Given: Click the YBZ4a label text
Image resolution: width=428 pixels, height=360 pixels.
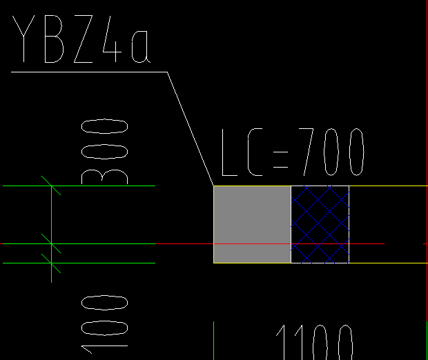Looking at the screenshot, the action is click(x=81, y=39).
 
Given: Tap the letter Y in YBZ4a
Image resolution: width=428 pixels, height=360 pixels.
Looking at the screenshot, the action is click(x=23, y=39).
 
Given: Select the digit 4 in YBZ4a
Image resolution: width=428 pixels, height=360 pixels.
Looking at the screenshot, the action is click(x=112, y=39).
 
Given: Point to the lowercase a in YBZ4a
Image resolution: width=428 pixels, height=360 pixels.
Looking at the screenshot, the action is click(x=141, y=46).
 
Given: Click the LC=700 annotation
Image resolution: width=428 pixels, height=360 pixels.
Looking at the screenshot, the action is click(x=293, y=152).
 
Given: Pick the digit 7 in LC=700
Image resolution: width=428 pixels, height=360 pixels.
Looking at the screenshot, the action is click(x=307, y=152).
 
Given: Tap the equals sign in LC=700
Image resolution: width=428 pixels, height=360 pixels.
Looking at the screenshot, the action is click(x=280, y=159).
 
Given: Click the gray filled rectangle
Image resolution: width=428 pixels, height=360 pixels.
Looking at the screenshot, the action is click(x=252, y=224).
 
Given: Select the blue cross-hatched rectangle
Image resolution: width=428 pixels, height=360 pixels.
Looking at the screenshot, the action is click(x=320, y=224).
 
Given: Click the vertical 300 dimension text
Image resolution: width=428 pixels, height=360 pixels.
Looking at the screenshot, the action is click(x=104, y=152).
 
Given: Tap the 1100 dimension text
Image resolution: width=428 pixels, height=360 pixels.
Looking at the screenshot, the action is click(x=315, y=342).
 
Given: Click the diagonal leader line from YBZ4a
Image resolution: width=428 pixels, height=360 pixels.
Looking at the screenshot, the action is click(x=191, y=129).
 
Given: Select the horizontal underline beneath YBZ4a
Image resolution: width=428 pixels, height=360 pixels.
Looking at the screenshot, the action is click(x=89, y=72).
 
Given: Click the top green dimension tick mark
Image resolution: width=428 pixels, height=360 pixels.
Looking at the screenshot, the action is click(x=51, y=186).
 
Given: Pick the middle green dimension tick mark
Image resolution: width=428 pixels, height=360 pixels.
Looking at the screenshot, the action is click(x=51, y=243).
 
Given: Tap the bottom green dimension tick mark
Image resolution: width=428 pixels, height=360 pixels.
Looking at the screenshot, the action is click(x=51, y=263).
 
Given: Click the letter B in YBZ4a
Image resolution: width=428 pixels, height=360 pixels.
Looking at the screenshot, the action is click(x=54, y=39).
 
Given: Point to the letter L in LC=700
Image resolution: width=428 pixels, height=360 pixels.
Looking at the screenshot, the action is click(x=230, y=152).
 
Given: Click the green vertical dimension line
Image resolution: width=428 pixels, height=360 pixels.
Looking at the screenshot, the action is click(x=51, y=234).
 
